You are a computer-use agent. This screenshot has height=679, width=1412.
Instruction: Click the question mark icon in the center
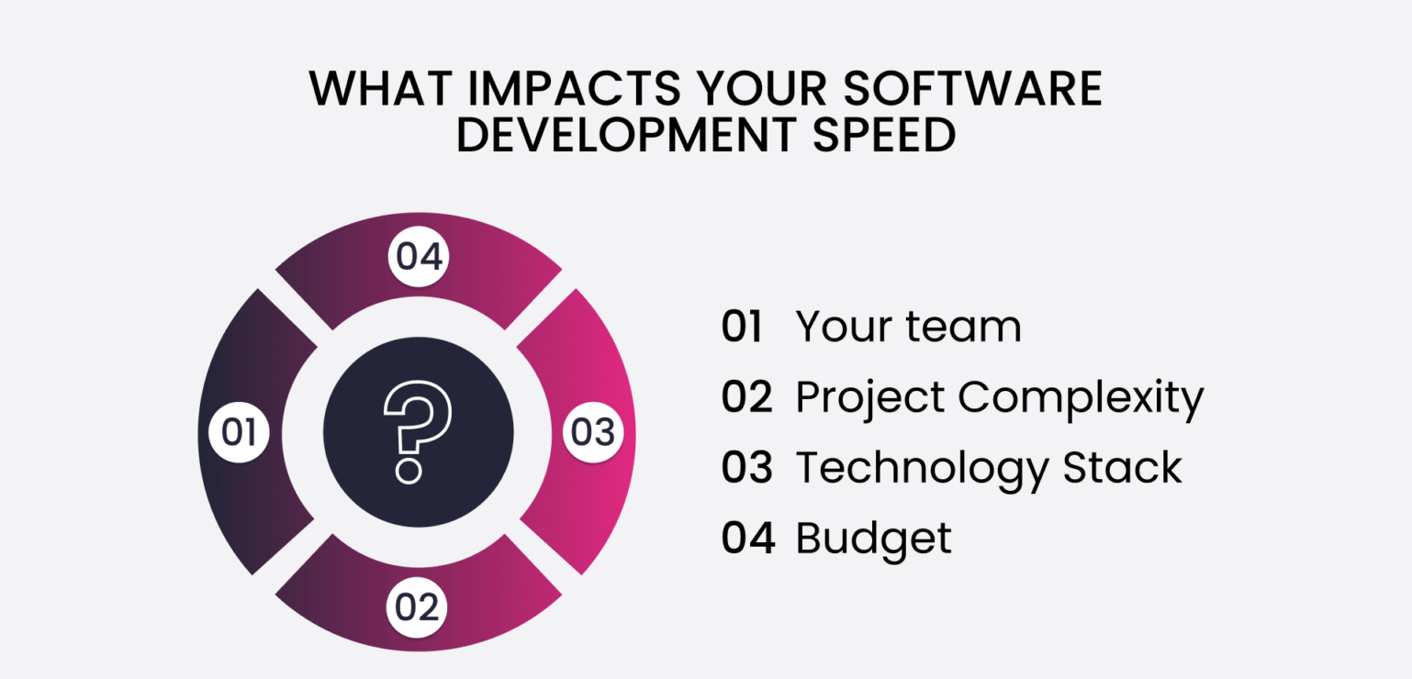coord(418,431)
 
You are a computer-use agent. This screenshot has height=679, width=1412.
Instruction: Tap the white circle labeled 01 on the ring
coord(239,432)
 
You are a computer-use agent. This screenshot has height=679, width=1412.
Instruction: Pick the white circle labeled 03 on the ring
coord(592,432)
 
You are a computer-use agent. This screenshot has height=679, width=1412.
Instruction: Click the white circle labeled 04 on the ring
coord(419,257)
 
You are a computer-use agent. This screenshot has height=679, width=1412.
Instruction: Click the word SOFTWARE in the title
coord(972,90)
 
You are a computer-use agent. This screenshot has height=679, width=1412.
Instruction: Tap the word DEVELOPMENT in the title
coord(624,136)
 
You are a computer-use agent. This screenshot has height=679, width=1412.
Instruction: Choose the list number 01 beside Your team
coord(742,327)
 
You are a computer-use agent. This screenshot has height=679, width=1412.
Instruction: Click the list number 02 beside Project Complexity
coord(745,397)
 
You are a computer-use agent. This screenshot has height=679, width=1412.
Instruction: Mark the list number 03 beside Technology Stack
coord(745,467)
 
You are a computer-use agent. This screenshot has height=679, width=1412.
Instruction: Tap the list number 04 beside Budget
coord(745,538)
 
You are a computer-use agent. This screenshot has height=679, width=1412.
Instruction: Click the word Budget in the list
coord(873,538)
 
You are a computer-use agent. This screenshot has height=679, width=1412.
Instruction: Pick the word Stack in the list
coord(1122,467)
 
